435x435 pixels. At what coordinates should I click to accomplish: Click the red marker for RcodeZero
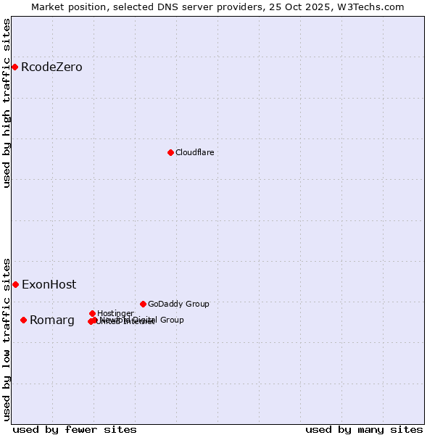pos(14,67)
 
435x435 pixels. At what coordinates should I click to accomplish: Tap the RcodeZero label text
pos(51,67)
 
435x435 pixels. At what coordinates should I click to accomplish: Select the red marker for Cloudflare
pos(170,152)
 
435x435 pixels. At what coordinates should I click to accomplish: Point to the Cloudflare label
pos(194,152)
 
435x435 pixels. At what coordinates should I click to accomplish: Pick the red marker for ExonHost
pos(15,284)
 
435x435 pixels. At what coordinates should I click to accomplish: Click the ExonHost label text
pos(49,284)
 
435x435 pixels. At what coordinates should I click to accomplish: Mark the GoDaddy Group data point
pos(143,304)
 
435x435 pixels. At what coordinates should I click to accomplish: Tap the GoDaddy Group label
pos(178,304)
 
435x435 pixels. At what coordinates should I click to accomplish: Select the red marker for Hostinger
pos(92,313)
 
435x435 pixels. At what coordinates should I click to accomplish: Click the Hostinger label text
pos(115,313)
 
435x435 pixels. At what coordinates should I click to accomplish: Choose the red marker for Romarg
pos(23,320)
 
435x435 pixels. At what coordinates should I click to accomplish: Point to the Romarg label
pos(51,320)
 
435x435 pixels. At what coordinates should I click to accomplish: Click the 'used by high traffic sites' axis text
pos(7,103)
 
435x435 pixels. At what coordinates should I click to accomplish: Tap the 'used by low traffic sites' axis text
pos(7,339)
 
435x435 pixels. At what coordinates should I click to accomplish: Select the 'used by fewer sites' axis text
pos(75,429)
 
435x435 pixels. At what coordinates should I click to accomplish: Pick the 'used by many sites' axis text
pos(364,429)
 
